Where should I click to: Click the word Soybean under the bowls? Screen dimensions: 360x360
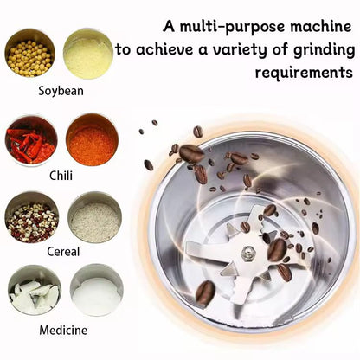tap(61, 90)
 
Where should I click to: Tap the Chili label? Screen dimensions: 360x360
tap(61, 174)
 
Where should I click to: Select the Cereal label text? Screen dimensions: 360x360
tap(61, 252)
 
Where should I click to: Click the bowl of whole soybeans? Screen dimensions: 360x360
tap(30, 54)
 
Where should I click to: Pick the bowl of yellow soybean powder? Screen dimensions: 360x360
tap(88, 54)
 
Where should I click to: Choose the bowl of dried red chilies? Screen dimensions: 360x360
tap(30, 139)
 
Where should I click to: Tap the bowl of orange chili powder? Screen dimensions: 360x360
tap(92, 139)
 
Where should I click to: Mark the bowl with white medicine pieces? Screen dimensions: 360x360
tap(34, 291)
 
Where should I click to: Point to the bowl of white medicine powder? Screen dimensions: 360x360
tap(96, 291)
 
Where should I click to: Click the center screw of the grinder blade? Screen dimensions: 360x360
tap(248, 253)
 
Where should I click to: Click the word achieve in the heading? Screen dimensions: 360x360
tap(169, 48)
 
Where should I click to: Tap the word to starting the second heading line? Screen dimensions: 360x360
tap(125, 48)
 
